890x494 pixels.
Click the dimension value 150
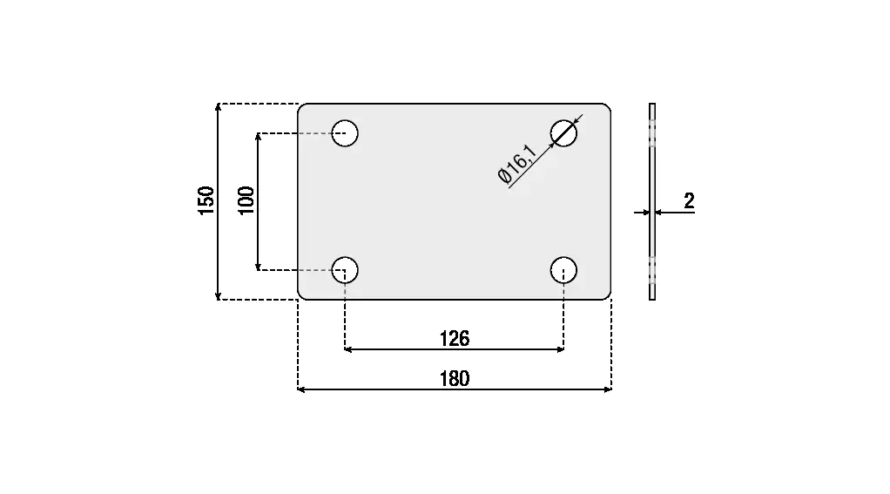206,200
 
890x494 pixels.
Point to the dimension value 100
246,200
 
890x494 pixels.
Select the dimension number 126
455,339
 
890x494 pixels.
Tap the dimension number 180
455,379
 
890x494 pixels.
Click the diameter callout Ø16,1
517,164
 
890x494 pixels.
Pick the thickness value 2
689,201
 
